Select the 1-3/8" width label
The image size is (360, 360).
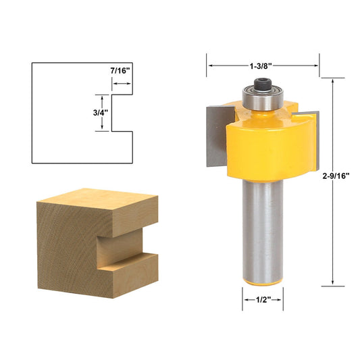tap(263, 66)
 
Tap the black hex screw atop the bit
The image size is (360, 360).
tap(263, 84)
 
